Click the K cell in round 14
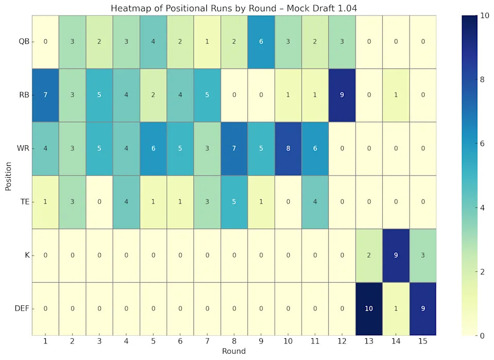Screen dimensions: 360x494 tap(396, 255)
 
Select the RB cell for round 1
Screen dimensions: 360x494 tap(45, 95)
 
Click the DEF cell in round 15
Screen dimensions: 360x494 tap(422, 309)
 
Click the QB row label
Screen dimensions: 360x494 tap(23, 42)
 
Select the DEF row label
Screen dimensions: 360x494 tap(22, 309)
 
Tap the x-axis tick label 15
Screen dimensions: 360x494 tap(422, 342)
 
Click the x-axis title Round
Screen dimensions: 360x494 tap(234, 351)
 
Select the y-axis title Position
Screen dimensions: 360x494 tap(8, 175)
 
